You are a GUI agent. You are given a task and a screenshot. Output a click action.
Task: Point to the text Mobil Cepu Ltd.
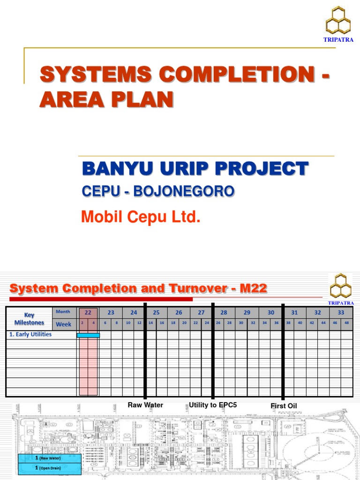point(141,217)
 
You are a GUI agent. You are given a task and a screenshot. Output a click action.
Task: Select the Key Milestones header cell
point(29,319)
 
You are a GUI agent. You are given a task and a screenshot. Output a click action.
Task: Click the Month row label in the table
point(63,312)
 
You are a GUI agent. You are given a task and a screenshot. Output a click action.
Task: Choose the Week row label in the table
point(63,324)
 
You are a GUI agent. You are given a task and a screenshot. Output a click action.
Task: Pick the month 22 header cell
point(88,313)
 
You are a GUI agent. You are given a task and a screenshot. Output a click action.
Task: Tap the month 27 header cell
point(201,313)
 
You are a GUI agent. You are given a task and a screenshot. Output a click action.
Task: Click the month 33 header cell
point(341,313)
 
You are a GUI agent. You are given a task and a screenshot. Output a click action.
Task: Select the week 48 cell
point(346,323)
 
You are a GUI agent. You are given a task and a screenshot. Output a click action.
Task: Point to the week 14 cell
point(150,323)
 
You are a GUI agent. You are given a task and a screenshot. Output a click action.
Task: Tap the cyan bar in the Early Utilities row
point(88,335)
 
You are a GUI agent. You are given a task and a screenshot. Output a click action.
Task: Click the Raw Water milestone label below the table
point(145,405)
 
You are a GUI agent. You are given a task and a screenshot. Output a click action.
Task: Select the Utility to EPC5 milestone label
point(213,405)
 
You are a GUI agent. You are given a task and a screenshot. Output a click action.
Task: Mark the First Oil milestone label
point(284,406)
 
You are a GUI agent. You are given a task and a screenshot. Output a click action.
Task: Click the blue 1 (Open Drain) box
point(50,468)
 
